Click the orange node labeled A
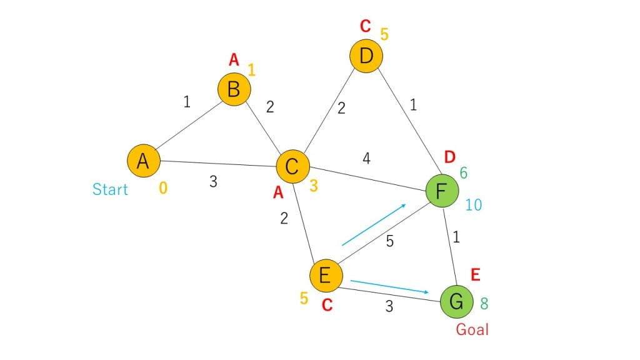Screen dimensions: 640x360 pyautogui.click(x=143, y=161)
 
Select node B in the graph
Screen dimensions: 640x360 pyautogui.click(x=234, y=89)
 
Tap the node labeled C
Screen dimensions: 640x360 pyautogui.click(x=292, y=166)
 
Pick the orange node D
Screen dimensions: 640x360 pyautogui.click(x=366, y=56)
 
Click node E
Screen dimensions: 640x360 pyautogui.click(x=326, y=276)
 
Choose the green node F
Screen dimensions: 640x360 pyautogui.click(x=442, y=191)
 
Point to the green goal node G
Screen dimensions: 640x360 pyautogui.click(x=457, y=302)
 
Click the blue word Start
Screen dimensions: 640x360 pyautogui.click(x=110, y=189)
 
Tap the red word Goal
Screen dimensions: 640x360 pyautogui.click(x=472, y=329)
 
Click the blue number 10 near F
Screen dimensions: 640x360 pyautogui.click(x=474, y=205)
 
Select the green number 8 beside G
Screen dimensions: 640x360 pyautogui.click(x=484, y=304)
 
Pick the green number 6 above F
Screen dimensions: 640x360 pyautogui.click(x=464, y=173)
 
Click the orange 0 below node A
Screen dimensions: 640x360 pyautogui.click(x=163, y=188)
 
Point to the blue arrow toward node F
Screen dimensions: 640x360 pyautogui.click(x=374, y=224)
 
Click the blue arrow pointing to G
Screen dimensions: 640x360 pyautogui.click(x=390, y=286)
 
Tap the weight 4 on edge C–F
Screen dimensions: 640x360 pyautogui.click(x=366, y=158)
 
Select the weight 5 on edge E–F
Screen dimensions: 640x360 pyautogui.click(x=390, y=241)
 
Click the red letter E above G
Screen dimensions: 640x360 pyautogui.click(x=475, y=275)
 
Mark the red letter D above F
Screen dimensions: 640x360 pyautogui.click(x=449, y=157)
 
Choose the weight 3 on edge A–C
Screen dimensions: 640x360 pyautogui.click(x=213, y=182)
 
